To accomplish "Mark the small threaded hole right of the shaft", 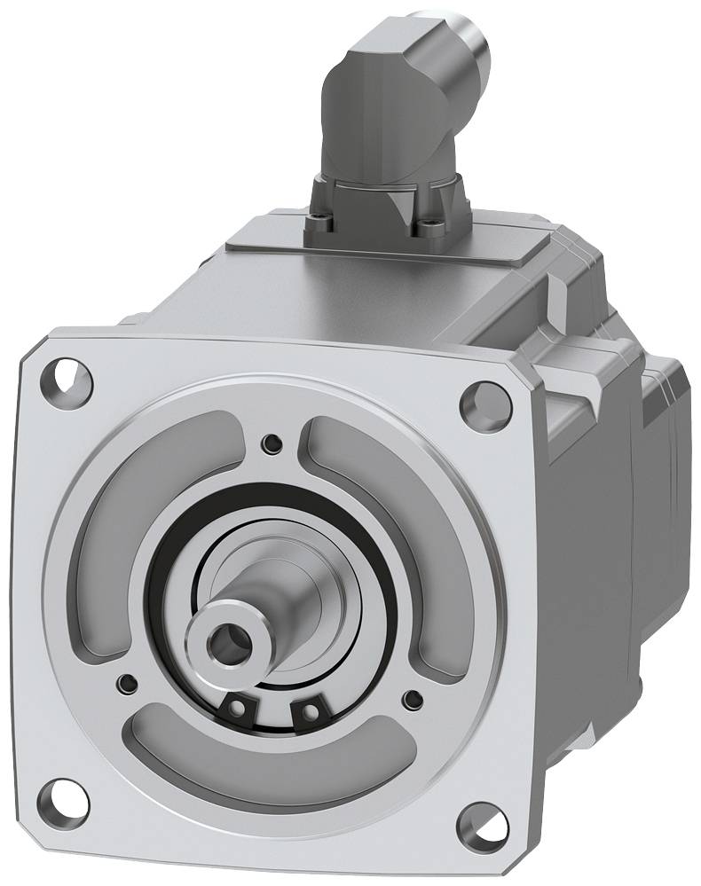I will point(411,700).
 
